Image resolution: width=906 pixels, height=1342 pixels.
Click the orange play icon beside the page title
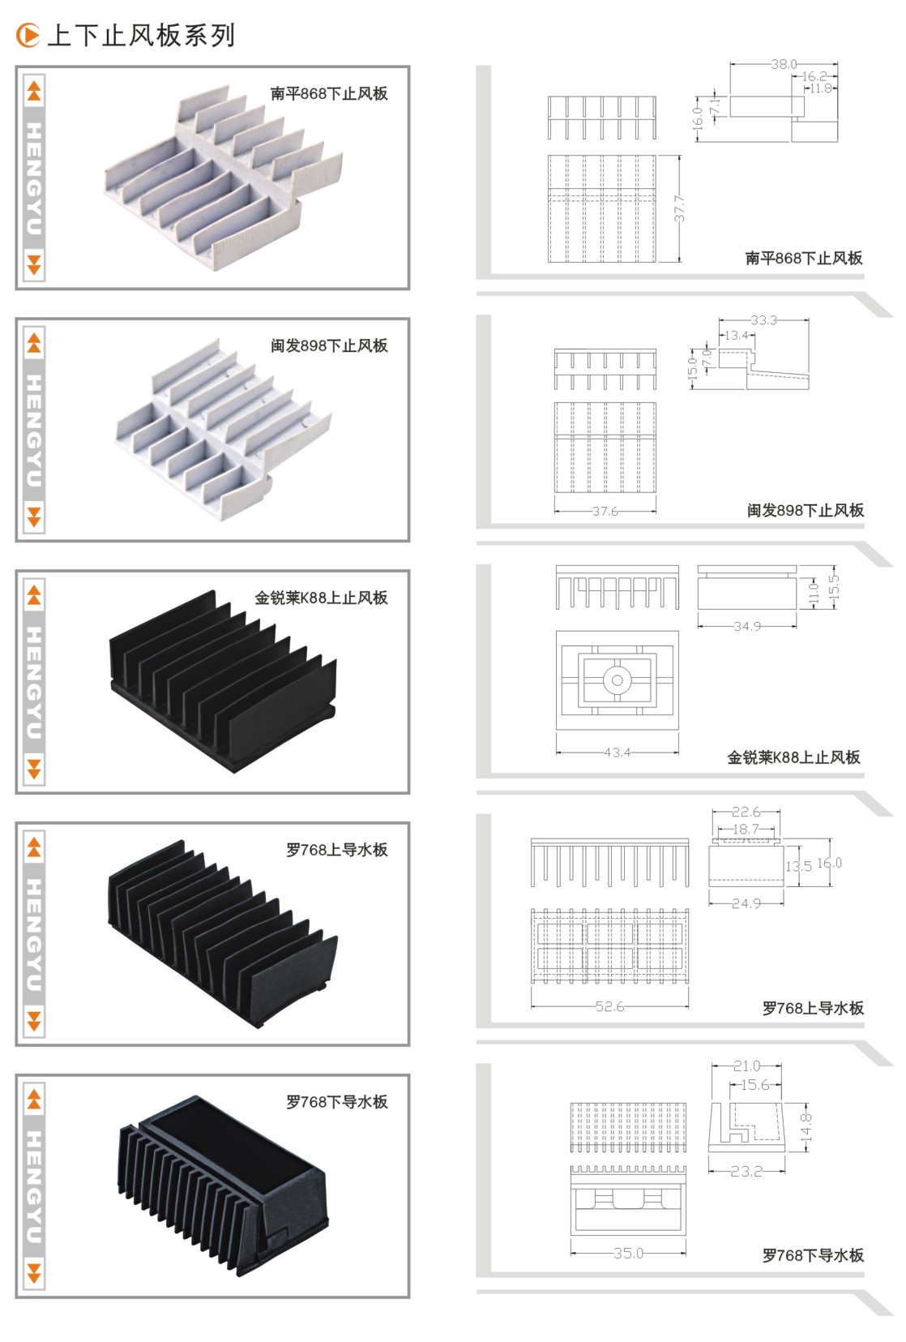[x=28, y=35]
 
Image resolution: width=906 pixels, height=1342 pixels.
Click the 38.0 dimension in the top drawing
[x=784, y=64]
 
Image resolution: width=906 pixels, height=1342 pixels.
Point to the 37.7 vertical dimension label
[x=679, y=208]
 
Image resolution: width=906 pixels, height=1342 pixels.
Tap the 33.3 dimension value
[x=763, y=320]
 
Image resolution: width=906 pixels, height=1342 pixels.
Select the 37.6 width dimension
[x=605, y=511]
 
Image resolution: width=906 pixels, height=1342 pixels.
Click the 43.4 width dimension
[x=617, y=752]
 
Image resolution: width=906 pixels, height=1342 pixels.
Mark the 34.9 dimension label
[x=747, y=626]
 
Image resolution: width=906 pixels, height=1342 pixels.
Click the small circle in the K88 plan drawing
[x=617, y=680]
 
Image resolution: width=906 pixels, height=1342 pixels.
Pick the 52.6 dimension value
[x=609, y=1006]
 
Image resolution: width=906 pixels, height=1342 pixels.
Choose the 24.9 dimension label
[x=746, y=903]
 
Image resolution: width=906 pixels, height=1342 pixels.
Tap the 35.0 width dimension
[x=628, y=1253]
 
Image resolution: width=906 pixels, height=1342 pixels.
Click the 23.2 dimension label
[x=746, y=1171]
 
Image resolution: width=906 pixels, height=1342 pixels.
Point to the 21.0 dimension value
[x=746, y=1065]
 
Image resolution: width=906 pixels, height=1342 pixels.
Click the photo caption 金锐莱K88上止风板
[x=321, y=598]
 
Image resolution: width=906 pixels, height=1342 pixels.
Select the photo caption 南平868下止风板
[x=329, y=93]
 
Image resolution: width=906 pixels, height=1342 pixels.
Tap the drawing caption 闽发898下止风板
[x=806, y=510]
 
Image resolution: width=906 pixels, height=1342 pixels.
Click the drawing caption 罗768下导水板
[x=813, y=1254]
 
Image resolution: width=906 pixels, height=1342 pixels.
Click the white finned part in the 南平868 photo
[x=223, y=178]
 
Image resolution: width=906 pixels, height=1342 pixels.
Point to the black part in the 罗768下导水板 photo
[x=223, y=1186]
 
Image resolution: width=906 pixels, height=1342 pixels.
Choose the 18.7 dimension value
[x=746, y=830]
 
